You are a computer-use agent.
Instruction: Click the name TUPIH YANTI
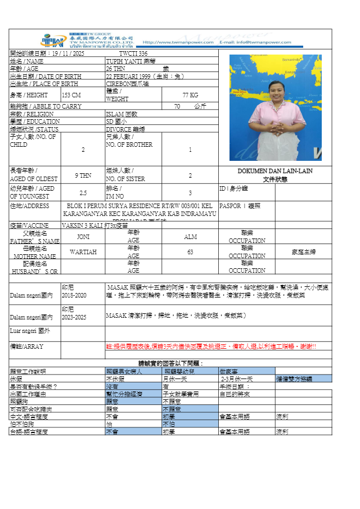[123, 61]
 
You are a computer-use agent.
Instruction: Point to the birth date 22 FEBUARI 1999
[127, 76]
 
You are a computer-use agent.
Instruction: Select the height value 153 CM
[71, 95]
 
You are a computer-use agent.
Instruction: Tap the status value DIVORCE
[119, 129]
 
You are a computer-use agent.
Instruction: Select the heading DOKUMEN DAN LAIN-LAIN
[275, 171]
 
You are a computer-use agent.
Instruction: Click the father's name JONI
[83, 237]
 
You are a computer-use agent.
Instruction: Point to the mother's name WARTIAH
[83, 252]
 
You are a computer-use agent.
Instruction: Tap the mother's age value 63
[190, 252]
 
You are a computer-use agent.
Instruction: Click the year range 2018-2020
[74, 295]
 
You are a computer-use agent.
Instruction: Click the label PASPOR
[228, 206]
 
